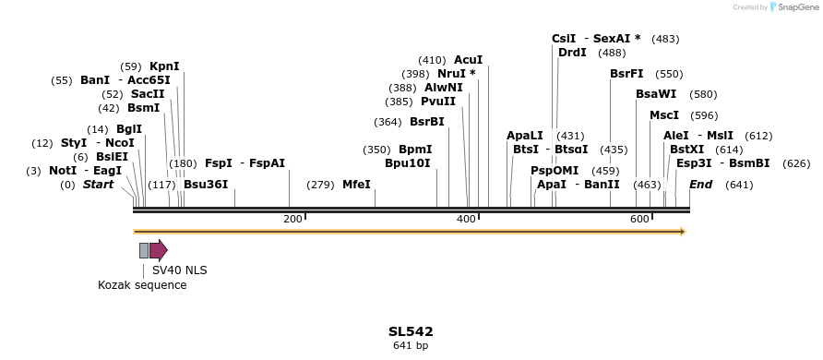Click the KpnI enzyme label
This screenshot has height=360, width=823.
coord(164,66)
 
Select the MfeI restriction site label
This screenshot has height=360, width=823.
coord(356,185)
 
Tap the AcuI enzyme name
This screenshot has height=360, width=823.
coord(468,60)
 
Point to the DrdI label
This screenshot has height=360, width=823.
coord(572,53)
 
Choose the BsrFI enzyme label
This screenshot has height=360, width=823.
coord(626,74)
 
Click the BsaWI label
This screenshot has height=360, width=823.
coord(656,94)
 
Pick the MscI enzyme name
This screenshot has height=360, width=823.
coord(664,115)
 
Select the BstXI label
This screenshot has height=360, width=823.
coord(686,150)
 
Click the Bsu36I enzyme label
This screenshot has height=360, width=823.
coord(206,185)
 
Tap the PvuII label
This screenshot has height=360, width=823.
coord(438,102)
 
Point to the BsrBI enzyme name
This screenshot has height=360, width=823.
coord(427,122)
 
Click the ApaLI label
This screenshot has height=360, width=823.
coord(525,136)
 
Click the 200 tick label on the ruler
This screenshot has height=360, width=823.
coord(292,219)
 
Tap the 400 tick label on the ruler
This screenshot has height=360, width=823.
coord(466,219)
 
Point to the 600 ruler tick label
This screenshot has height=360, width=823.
coord(639,219)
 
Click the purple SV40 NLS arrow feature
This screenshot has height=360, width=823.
coord(158,250)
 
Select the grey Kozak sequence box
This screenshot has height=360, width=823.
coord(144,250)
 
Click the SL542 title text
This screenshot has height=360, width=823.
coord(411,331)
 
